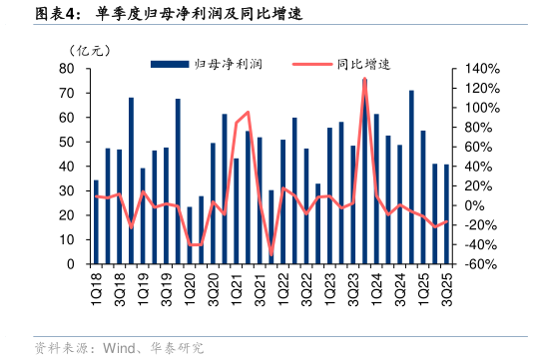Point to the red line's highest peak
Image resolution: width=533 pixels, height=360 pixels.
[x=364, y=79]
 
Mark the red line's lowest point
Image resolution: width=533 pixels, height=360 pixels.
[x=271, y=255]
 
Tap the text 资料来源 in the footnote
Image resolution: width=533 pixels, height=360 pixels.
[x=62, y=348]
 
